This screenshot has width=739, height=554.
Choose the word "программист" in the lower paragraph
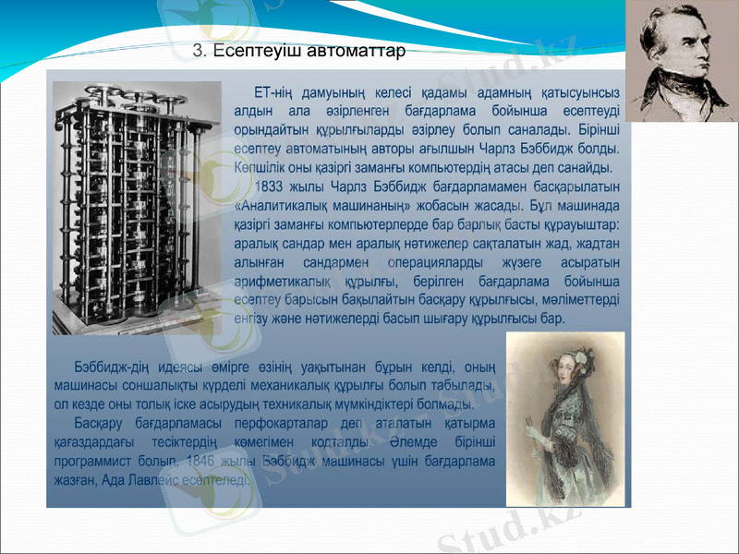103,459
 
